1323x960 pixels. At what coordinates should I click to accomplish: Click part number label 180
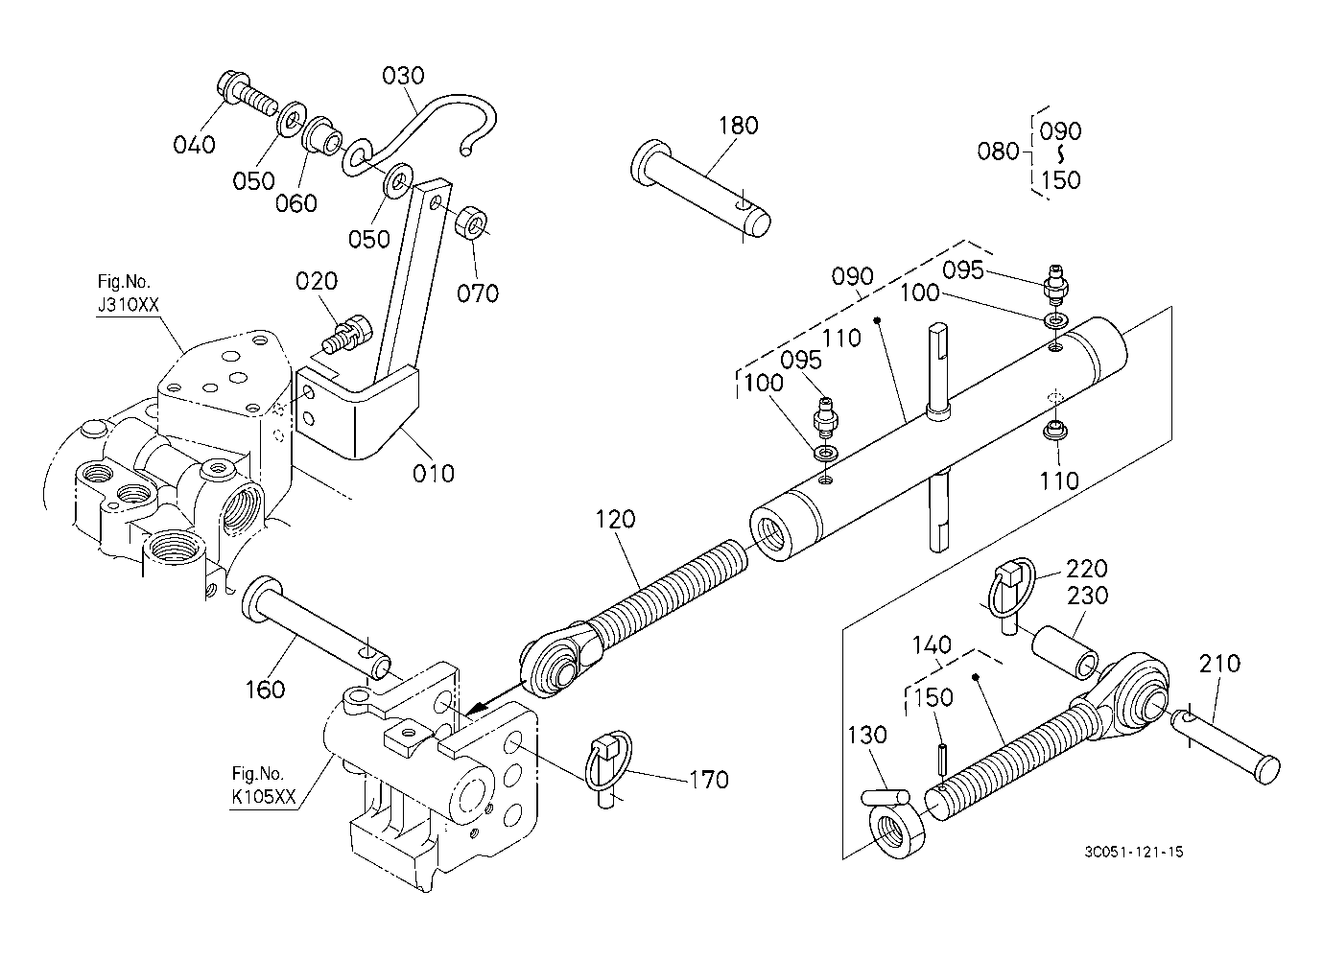tap(739, 126)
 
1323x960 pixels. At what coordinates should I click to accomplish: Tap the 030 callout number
tap(403, 76)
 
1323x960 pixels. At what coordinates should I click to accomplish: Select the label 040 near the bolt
tap(195, 145)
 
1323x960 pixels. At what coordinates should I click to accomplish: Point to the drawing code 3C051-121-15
tap(1133, 852)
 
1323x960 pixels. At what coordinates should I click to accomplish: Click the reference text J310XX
tap(129, 305)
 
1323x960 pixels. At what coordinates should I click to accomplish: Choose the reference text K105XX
tap(264, 797)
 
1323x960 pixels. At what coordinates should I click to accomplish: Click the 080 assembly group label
tap(998, 152)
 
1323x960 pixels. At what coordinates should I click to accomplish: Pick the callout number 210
tap(1219, 665)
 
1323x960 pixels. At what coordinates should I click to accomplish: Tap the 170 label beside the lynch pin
tap(709, 780)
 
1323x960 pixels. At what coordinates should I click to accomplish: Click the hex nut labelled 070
tap(472, 223)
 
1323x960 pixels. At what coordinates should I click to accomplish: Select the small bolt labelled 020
tap(348, 336)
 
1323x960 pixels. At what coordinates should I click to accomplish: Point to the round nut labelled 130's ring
tap(897, 833)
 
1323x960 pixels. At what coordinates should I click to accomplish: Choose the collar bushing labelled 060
tap(322, 144)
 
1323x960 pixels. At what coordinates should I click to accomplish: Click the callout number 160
tap(265, 689)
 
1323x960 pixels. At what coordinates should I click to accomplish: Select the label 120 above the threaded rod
tap(615, 520)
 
